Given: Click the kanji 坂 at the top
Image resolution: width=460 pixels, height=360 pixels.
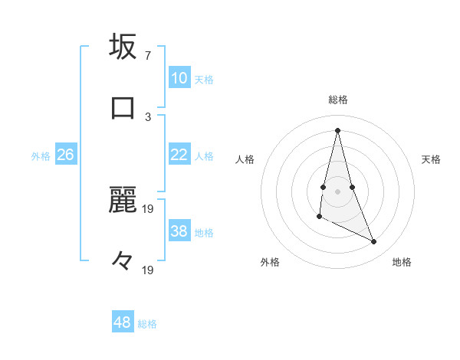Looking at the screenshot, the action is (x=123, y=47).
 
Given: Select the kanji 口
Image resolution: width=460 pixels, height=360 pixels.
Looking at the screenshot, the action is (x=123, y=106).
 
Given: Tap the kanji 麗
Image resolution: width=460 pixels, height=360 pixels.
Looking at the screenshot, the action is (x=123, y=200).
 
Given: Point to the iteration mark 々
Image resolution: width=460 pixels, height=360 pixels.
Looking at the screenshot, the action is (x=123, y=261).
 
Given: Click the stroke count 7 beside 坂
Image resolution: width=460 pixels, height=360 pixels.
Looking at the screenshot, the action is (x=148, y=56).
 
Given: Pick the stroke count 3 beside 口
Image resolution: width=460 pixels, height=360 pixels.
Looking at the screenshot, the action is (x=148, y=116).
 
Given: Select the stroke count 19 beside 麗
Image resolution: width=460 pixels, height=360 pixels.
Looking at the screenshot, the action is (x=148, y=208).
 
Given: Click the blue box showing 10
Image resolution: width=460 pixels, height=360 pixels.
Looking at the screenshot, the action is (x=179, y=78).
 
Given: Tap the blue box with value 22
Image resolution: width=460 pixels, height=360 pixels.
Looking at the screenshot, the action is (x=179, y=155).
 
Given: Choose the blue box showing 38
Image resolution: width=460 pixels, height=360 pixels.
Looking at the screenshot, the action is (x=179, y=231).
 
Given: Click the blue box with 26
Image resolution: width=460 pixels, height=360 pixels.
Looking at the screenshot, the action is (x=65, y=155).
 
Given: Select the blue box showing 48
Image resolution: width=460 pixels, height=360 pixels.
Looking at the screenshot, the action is (x=123, y=322).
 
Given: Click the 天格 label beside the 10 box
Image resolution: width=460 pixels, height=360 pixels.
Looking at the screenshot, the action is (x=203, y=80).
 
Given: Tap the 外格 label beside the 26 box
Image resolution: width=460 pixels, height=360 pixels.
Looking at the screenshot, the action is (x=41, y=156).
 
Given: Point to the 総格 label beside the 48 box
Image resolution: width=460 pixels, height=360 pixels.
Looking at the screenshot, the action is (x=147, y=324).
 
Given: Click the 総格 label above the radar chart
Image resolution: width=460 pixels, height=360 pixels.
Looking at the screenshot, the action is (x=338, y=100).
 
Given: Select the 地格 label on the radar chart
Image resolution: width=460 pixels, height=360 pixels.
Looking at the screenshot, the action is (x=402, y=262).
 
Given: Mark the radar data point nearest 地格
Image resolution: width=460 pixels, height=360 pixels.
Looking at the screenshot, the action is (x=374, y=242).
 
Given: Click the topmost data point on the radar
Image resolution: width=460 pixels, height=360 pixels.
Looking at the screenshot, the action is (x=337, y=129).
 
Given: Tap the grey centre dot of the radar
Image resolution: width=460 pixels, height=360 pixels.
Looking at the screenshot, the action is (x=337, y=191).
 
